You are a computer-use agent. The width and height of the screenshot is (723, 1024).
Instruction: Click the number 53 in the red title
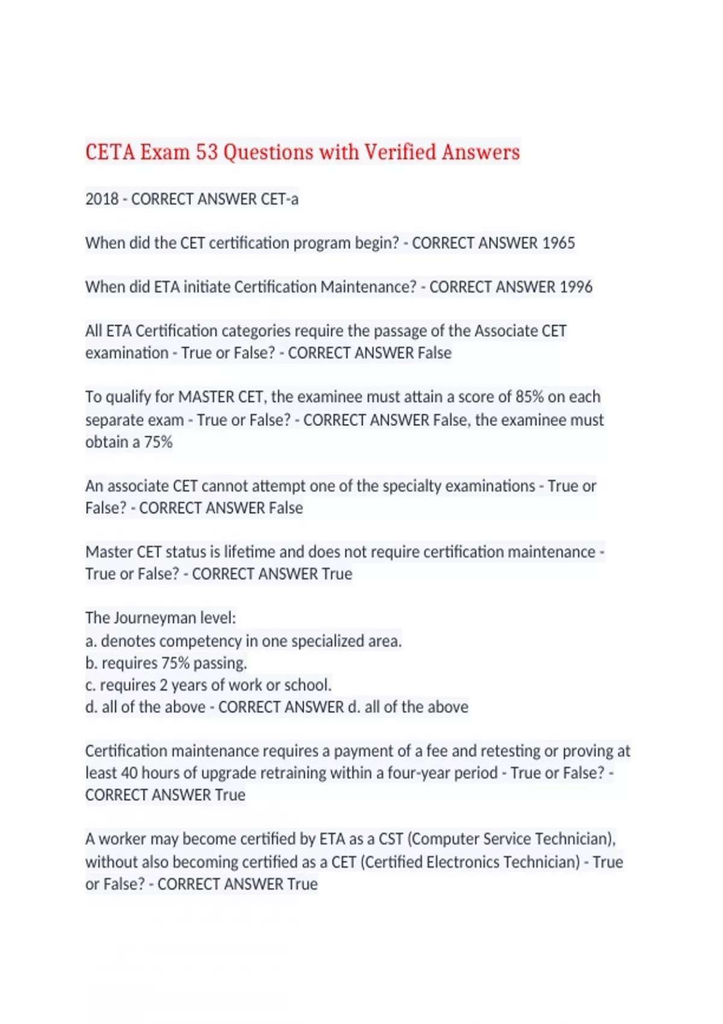tap(206, 152)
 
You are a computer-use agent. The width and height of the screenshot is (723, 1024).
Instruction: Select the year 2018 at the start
tap(102, 199)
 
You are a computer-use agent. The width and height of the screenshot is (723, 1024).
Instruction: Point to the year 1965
tap(559, 243)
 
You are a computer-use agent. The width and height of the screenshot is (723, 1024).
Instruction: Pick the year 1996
tap(576, 287)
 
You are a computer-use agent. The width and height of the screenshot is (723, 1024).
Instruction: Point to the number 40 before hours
tap(130, 773)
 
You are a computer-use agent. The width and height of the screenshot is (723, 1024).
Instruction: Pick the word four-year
tap(463, 773)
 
